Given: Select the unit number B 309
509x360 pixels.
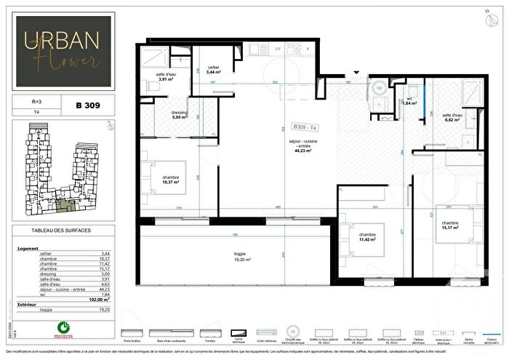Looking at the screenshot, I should click(87, 105).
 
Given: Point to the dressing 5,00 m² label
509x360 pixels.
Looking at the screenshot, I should click(181, 115).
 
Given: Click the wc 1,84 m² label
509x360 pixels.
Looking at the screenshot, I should click(409, 100).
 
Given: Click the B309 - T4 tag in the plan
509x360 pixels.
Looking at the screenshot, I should click(305, 125).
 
